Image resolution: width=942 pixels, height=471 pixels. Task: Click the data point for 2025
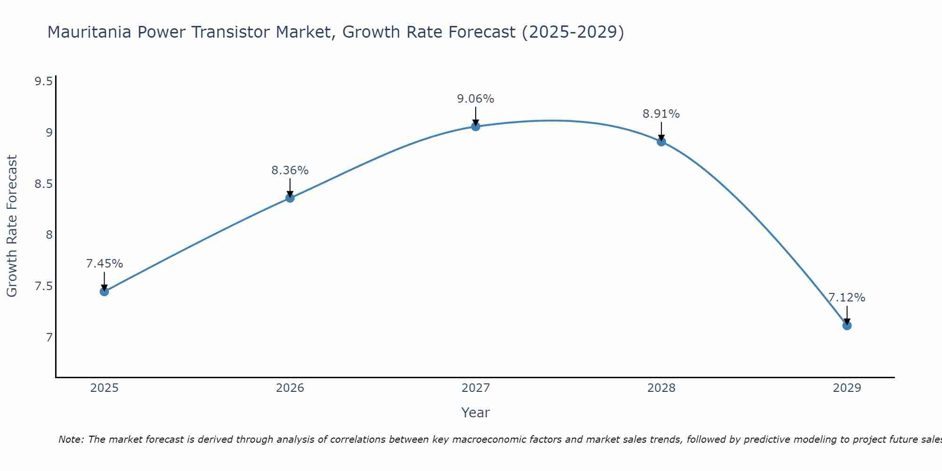click(x=105, y=292)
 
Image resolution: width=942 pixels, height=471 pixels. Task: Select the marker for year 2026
click(x=290, y=198)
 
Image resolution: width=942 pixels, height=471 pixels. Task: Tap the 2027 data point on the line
click(x=476, y=126)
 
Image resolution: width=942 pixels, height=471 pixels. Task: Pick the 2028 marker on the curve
click(x=661, y=141)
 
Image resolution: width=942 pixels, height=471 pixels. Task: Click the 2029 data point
click(x=847, y=325)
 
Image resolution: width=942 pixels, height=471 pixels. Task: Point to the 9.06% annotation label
click(x=476, y=99)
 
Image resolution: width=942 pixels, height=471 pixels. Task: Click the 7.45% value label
click(x=105, y=264)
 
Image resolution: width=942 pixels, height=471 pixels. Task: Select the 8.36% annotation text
click(x=290, y=171)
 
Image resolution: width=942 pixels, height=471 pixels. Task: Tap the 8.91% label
click(x=661, y=114)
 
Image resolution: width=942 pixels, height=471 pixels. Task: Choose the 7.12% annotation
click(x=847, y=298)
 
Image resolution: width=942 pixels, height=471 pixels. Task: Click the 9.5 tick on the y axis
click(x=43, y=81)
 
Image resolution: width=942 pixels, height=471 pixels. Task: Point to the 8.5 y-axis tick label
click(x=43, y=184)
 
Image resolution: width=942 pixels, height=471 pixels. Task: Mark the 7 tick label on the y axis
click(x=49, y=337)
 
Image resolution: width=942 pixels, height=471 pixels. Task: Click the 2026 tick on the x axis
click(x=290, y=388)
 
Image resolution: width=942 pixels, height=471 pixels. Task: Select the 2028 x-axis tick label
click(x=661, y=388)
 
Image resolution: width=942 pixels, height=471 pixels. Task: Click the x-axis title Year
click(x=476, y=413)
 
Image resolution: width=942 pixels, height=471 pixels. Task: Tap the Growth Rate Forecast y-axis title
click(x=12, y=226)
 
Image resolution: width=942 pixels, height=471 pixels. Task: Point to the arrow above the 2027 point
click(x=476, y=115)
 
